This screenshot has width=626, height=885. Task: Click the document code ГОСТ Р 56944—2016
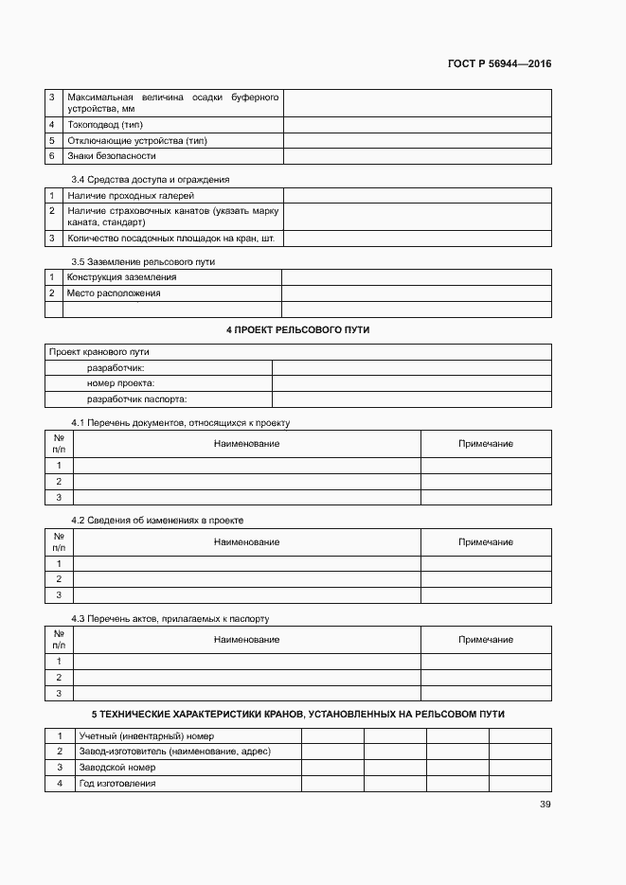coord(499,64)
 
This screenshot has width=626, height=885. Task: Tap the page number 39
coord(545,805)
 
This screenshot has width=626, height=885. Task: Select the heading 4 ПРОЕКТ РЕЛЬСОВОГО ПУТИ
coord(297,329)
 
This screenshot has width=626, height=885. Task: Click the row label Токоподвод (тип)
coord(105,125)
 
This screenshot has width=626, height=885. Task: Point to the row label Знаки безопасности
coord(112,155)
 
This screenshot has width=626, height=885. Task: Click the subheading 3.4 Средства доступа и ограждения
coord(151,179)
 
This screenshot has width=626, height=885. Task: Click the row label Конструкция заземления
coord(121,277)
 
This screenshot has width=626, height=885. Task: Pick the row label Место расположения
coord(114,293)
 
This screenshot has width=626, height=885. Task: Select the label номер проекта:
coord(120,383)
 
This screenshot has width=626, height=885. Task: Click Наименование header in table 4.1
coord(246,443)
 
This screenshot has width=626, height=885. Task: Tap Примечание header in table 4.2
coord(486,541)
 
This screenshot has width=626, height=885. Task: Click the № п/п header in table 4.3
coord(59,639)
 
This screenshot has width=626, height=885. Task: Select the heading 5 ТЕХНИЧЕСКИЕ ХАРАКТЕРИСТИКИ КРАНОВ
coord(297,712)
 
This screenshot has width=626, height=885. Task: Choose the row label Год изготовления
coord(117,784)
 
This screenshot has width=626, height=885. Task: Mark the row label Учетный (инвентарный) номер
coord(147,735)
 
